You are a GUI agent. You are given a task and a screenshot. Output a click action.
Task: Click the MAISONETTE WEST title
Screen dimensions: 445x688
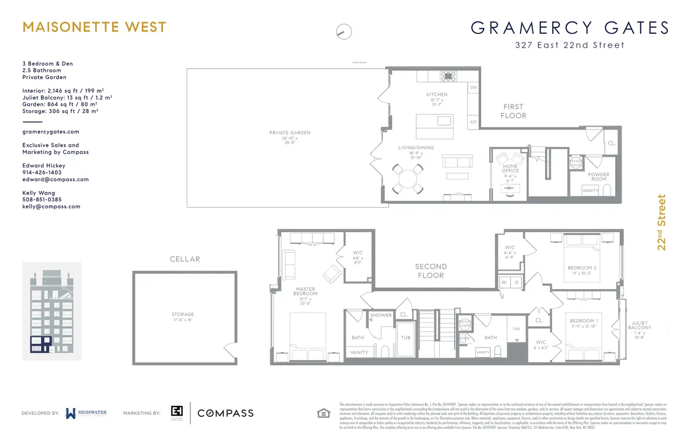[94, 27]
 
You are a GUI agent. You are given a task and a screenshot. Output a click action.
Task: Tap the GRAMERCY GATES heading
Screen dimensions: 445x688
[570, 28]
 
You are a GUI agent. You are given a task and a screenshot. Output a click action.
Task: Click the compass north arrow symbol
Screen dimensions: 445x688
[343, 32]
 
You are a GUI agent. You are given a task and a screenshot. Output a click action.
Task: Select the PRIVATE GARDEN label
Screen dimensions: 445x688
[290, 132]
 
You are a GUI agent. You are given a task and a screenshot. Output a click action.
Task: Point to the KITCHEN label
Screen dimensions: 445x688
[436, 95]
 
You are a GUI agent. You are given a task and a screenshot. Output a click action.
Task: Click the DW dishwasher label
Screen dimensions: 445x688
[473, 88]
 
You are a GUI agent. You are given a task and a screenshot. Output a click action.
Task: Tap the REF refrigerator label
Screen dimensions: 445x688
[473, 122]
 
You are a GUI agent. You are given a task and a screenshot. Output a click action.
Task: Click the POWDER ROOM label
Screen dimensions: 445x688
[599, 177]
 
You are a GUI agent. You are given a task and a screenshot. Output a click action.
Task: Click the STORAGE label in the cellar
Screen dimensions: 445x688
[182, 314]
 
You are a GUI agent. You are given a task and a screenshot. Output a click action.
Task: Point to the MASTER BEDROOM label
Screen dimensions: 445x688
[306, 291]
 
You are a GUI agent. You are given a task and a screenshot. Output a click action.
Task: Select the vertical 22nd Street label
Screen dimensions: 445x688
[662, 223]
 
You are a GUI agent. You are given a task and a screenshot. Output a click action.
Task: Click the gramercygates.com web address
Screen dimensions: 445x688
[50, 131]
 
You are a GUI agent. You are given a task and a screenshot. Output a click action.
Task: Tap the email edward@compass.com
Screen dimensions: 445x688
[55, 179]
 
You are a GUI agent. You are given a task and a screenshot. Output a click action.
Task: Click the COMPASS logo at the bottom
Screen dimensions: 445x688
[225, 413]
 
